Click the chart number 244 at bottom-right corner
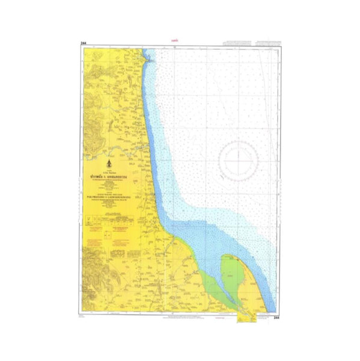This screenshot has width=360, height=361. [x=276, y=317]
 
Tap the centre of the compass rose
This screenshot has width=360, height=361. [x=238, y=160]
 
